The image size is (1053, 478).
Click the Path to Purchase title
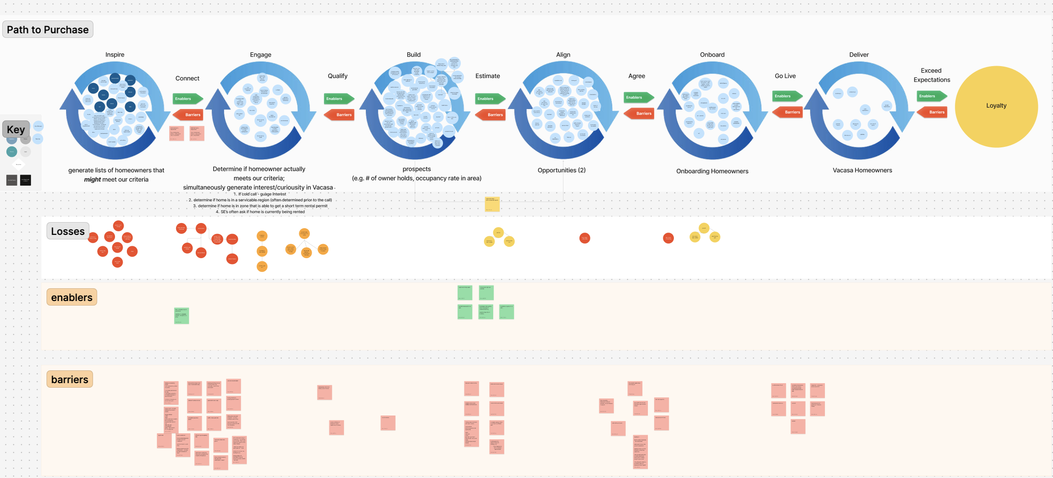pos(48,30)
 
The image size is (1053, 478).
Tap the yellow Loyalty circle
pos(996,106)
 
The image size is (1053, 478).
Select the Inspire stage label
pos(115,55)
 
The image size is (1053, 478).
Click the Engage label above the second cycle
pos(261,55)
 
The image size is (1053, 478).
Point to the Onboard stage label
pos(712,55)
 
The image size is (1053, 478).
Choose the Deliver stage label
pos(859,55)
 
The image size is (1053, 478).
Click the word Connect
pos(188,78)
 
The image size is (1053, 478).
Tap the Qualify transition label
pos(338,76)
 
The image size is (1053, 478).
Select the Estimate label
pos(487,76)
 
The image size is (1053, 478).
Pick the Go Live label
pos(785,76)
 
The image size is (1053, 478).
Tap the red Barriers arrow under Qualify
pos(340,115)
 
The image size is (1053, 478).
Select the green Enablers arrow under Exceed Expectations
pos(931,96)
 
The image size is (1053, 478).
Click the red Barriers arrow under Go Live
pos(788,112)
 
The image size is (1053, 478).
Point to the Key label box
pos(16,130)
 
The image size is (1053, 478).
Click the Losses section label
pos(68,232)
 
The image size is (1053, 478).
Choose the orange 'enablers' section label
pos(72,297)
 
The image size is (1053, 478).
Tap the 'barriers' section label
pos(70,379)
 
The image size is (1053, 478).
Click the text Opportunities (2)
pos(562,170)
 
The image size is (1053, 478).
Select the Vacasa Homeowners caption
pos(862,170)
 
